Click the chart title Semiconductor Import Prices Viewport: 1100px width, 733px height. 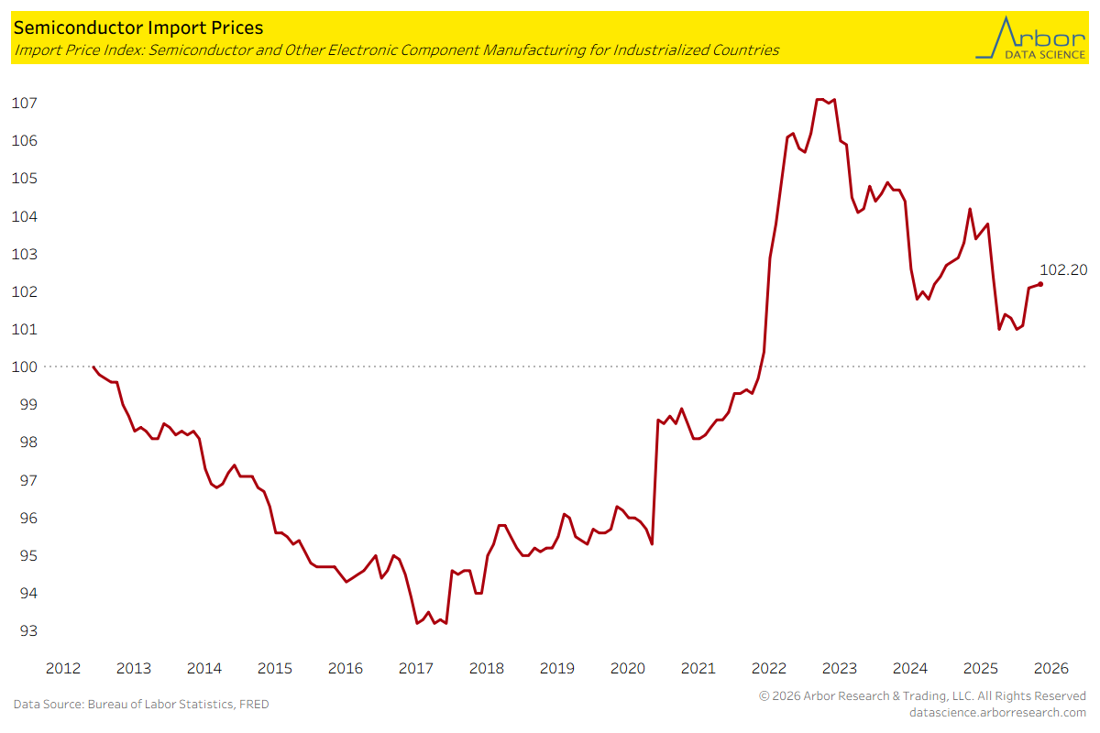(137, 28)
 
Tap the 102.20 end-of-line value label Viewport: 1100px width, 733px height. (1063, 270)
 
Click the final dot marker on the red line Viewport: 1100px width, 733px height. (1039, 284)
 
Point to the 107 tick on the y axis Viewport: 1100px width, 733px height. (23, 103)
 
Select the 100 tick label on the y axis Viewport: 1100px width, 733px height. (23, 366)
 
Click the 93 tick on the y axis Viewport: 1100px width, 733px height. (23, 631)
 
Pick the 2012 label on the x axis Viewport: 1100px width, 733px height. (62, 668)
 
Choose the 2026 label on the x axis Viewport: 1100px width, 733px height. (1050, 668)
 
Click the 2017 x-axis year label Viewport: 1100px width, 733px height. (415, 668)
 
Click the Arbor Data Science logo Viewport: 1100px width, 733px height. (1028, 38)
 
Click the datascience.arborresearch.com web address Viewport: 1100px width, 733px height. (997, 712)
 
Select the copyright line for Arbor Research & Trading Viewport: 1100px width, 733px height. (922, 696)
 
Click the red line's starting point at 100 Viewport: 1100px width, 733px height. (93, 366)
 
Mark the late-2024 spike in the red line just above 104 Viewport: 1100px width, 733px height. (970, 209)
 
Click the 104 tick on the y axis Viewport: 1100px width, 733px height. (23, 216)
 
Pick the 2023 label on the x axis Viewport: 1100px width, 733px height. (839, 668)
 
